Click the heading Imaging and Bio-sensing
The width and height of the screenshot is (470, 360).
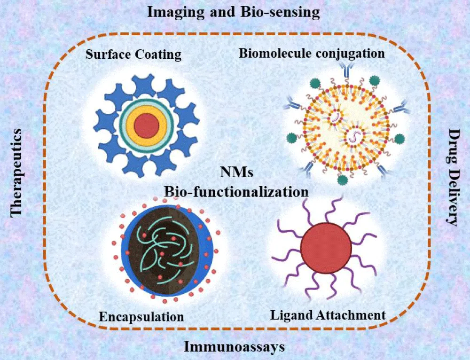point(234,12)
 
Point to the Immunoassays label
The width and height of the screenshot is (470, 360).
point(234,347)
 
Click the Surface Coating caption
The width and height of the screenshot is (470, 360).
point(133,55)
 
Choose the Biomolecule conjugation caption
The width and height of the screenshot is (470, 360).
point(312,53)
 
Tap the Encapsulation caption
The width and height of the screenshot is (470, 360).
point(141,317)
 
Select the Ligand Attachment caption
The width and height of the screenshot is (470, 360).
point(328,315)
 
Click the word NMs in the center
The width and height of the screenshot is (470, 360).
point(237,173)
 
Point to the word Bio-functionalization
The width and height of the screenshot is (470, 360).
point(236,192)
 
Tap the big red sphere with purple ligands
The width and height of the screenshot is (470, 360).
point(325,247)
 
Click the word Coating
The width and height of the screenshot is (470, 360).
point(158,55)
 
